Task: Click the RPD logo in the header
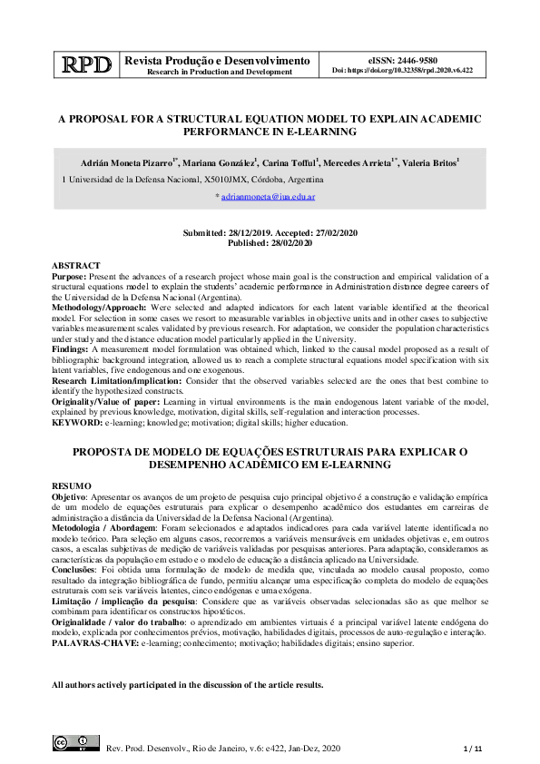point(87,64)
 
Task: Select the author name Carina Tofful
point(294,162)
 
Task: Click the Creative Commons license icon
point(74,745)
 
